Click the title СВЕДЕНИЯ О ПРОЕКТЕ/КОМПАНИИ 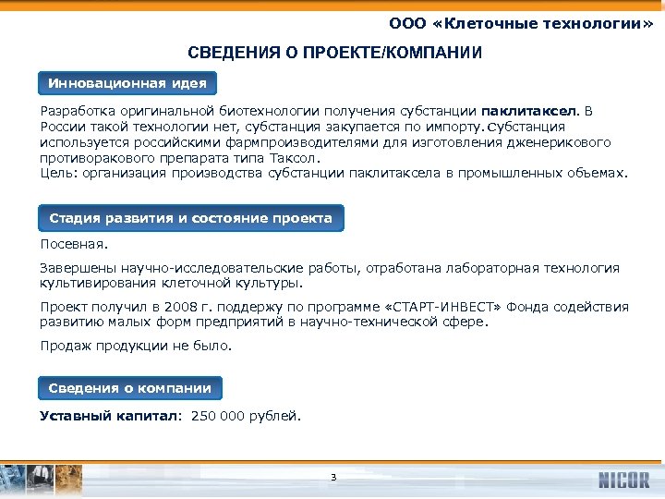click(x=334, y=52)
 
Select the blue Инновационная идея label click(x=127, y=83)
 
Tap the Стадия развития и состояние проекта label click(x=190, y=218)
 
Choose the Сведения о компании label click(x=130, y=388)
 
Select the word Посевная click(x=74, y=246)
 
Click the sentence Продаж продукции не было click(x=137, y=347)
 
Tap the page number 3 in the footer click(x=332, y=478)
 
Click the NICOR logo click(x=623, y=480)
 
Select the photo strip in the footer click(x=42, y=479)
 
